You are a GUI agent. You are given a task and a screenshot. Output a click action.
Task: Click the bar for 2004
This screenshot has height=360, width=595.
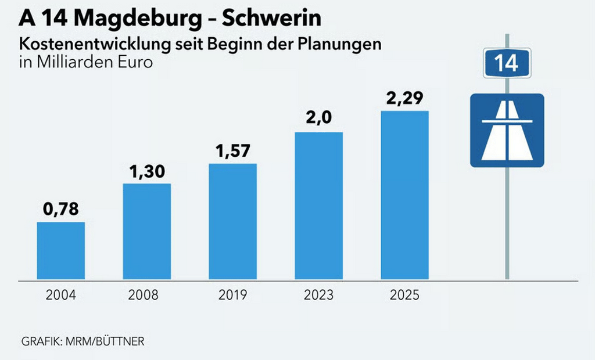(61, 250)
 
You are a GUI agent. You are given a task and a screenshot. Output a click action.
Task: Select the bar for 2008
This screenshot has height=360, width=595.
(147, 231)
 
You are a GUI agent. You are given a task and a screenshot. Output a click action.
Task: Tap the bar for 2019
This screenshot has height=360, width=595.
(232, 221)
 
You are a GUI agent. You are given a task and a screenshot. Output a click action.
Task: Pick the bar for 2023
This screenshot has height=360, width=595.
(319, 206)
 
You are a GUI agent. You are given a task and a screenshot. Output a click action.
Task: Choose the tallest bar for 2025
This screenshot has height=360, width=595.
(404, 195)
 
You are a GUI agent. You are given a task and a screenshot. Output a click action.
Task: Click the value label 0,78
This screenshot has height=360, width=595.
(61, 208)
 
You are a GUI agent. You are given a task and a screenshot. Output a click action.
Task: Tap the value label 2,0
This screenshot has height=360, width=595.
(319, 118)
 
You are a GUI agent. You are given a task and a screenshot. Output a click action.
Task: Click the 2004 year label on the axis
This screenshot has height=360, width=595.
(61, 295)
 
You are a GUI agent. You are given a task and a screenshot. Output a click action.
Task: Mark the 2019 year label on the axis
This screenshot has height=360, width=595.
(232, 295)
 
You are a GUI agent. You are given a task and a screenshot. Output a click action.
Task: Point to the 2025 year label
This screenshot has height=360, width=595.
(404, 295)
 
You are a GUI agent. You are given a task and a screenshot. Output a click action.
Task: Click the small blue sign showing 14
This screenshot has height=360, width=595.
(507, 63)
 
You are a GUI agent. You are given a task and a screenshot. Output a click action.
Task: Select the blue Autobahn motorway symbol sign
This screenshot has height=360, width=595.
(507, 130)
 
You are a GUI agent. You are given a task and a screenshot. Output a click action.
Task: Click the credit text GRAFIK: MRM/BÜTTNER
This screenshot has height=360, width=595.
(83, 341)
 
